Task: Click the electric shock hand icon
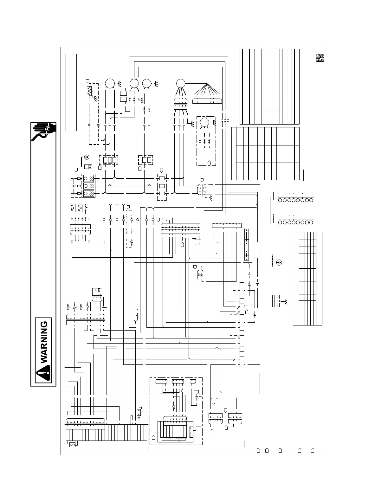[x=43, y=131]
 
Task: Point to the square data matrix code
[x=320, y=58]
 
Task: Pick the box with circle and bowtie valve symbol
[x=97, y=291]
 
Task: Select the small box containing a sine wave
[x=72, y=445]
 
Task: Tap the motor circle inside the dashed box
[x=205, y=122]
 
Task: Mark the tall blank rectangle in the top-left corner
[x=71, y=92]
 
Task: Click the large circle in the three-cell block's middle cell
[x=86, y=186]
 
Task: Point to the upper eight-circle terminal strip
[x=295, y=200]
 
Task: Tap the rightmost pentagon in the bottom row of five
[x=312, y=450]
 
